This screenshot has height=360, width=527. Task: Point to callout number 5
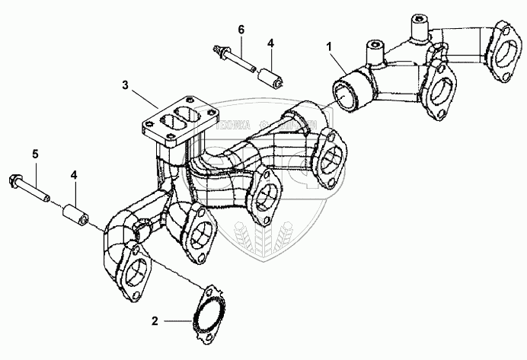(34, 155)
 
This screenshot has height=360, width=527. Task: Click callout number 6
(241, 30)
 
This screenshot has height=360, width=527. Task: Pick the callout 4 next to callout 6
(271, 43)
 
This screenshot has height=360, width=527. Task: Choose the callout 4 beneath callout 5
(75, 176)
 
